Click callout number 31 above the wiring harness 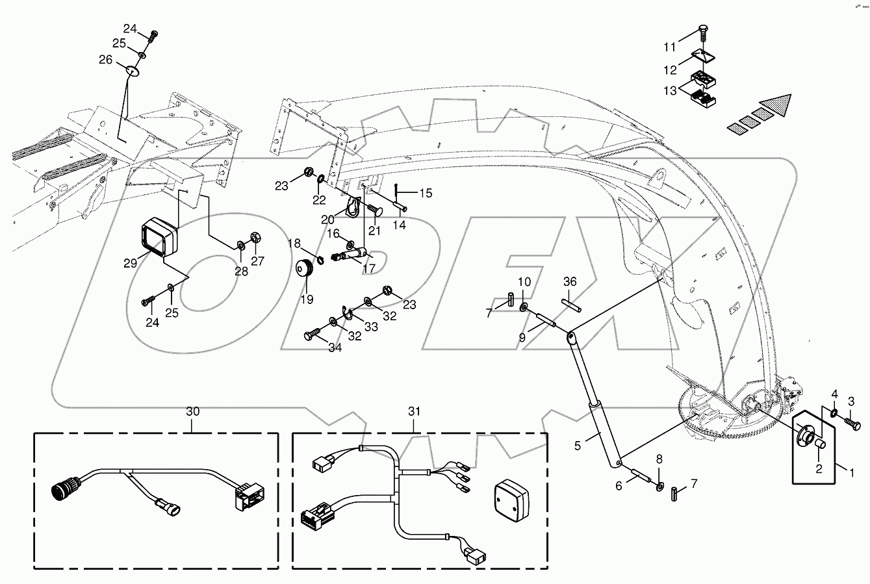(x=415, y=411)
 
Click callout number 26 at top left (x=105, y=60)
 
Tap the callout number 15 (x=425, y=193)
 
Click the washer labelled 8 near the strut (x=660, y=487)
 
